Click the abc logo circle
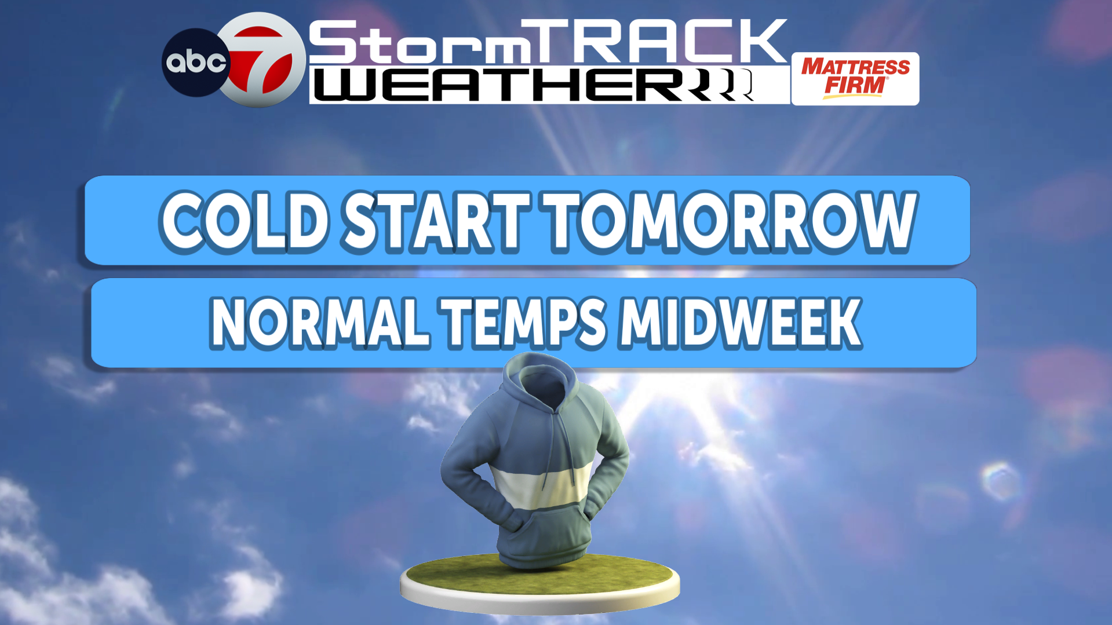(x=195, y=63)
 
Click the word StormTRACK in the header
(x=547, y=42)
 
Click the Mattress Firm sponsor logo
(x=855, y=79)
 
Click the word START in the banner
(x=436, y=221)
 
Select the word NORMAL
(x=320, y=323)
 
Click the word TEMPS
(x=524, y=323)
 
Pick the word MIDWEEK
(x=740, y=323)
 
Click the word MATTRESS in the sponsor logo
(x=855, y=67)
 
